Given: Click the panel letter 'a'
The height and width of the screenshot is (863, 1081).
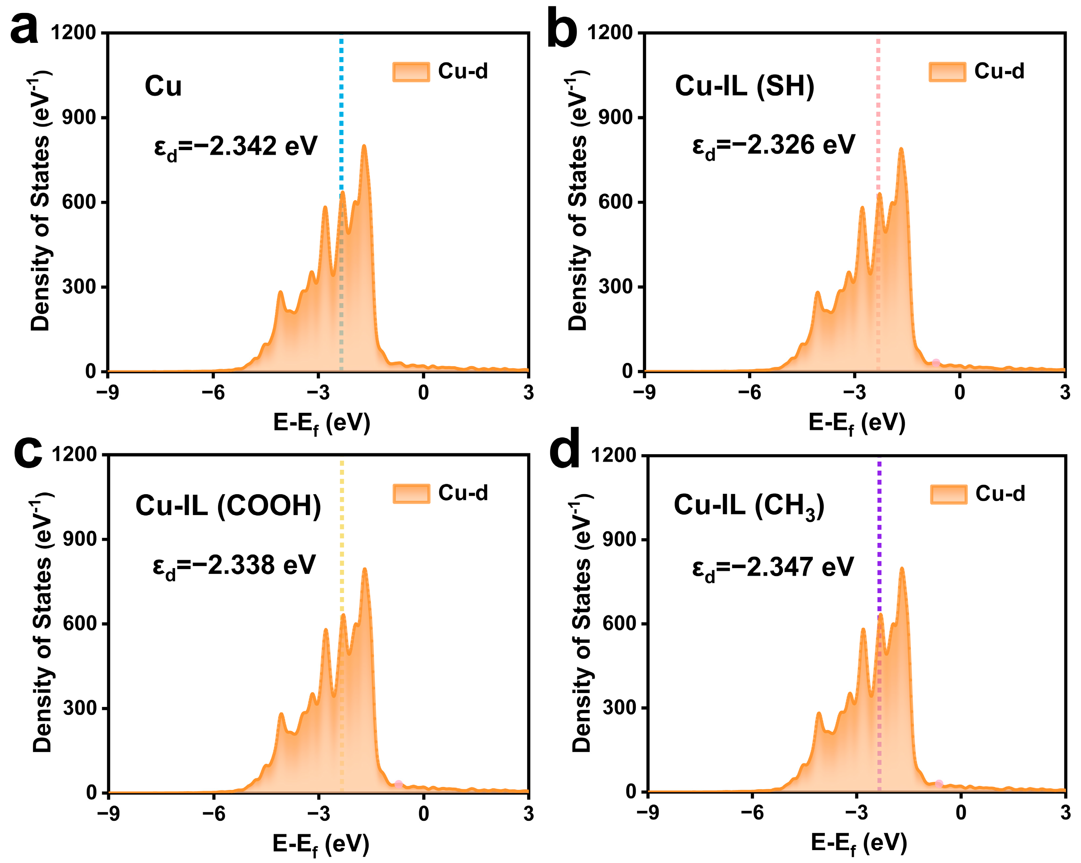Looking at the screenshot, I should [24, 29].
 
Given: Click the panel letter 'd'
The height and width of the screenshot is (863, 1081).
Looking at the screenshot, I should [565, 449].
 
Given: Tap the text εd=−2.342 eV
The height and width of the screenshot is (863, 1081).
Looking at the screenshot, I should [236, 147].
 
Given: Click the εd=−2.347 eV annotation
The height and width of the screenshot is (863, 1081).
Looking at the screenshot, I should [773, 568].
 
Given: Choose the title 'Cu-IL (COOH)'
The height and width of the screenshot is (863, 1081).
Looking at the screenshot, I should [228, 505].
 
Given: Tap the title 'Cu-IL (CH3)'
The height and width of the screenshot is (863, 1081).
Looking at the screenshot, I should [749, 505].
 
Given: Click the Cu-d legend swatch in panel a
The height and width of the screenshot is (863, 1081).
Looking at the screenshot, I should [410, 72].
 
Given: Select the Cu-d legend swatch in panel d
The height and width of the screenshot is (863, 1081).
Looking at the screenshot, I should [948, 494].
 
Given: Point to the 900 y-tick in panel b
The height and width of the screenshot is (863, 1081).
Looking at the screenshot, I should [616, 117].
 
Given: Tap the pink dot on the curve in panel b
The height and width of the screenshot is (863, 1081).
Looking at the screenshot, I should [936, 363].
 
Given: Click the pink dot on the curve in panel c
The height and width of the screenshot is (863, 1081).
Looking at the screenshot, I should [398, 784].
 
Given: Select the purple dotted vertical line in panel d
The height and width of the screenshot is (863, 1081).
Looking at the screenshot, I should [879, 527].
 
